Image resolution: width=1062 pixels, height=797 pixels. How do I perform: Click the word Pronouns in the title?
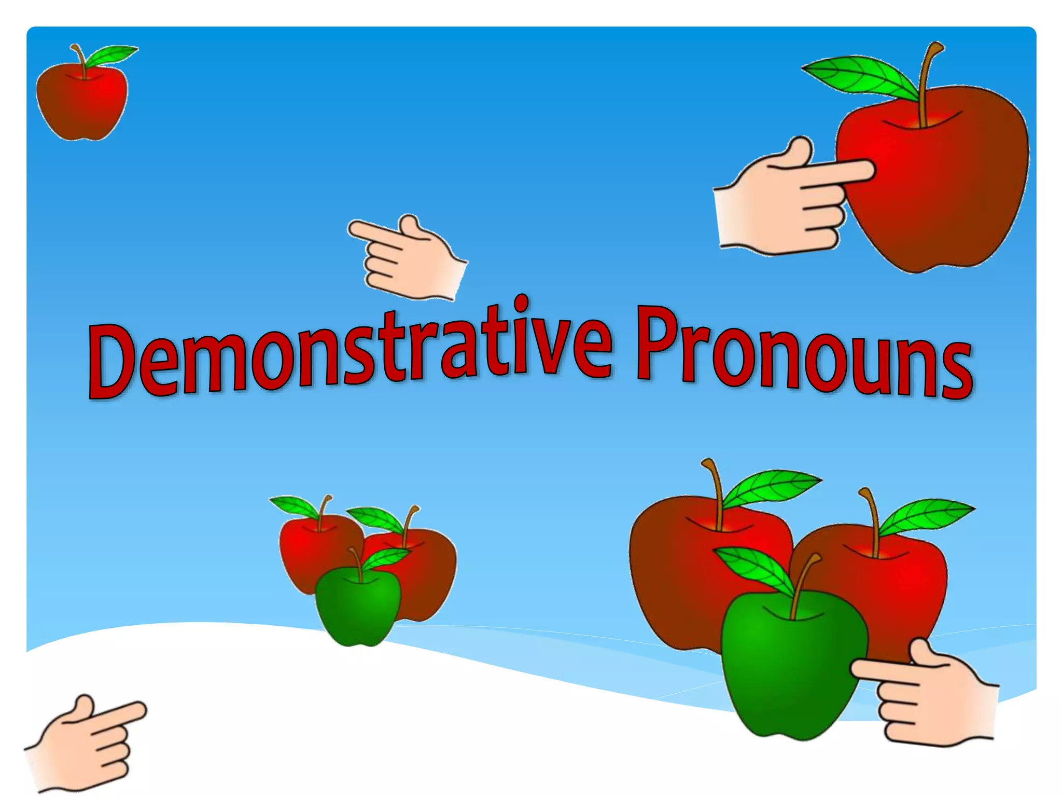click(x=804, y=353)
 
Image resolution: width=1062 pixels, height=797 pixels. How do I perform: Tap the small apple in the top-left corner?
click(x=82, y=104)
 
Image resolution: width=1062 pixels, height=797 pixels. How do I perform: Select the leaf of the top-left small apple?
click(x=111, y=54)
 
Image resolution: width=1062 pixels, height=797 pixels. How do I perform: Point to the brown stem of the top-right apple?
click(x=926, y=83)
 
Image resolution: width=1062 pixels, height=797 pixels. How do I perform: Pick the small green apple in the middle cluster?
click(x=358, y=607)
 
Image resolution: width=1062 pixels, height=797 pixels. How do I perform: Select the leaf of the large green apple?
click(x=752, y=568)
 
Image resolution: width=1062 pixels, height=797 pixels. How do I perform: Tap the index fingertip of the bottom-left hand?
click(x=139, y=709)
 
